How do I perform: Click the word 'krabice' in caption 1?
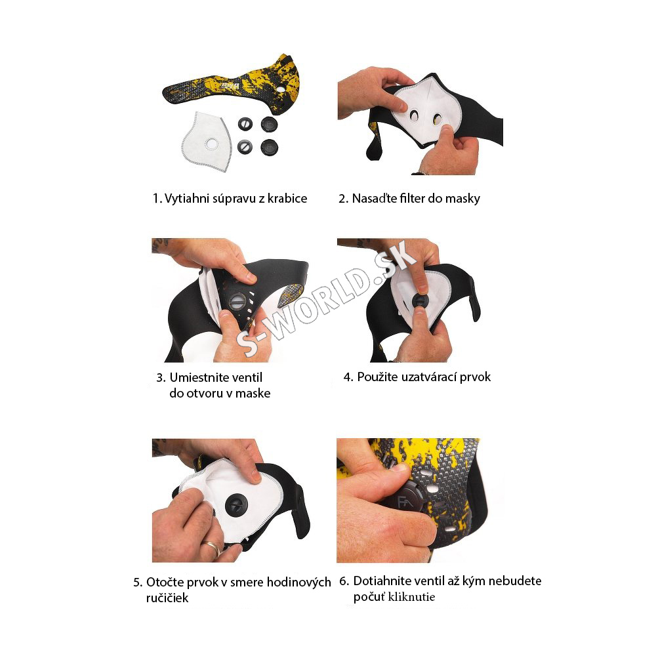(287, 198)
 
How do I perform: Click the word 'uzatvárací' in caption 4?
(428, 377)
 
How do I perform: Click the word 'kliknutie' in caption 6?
(412, 596)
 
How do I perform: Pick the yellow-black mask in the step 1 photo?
(234, 86)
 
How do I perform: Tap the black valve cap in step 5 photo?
(236, 505)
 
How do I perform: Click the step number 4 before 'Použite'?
(348, 377)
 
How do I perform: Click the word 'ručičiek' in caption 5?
(167, 598)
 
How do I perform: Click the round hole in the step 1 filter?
(211, 144)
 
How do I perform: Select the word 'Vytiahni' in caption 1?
(187, 198)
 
